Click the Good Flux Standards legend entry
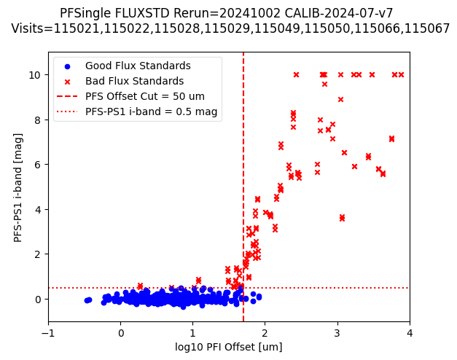click(x=137, y=66)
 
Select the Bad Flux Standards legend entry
click(x=134, y=82)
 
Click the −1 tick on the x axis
click(x=48, y=334)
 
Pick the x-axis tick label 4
click(x=410, y=334)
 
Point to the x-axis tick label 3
click(x=337, y=334)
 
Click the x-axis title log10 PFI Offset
click(x=229, y=347)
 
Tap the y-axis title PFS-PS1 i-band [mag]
click(x=18, y=187)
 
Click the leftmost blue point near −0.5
click(x=87, y=300)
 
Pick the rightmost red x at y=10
click(x=401, y=74)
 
